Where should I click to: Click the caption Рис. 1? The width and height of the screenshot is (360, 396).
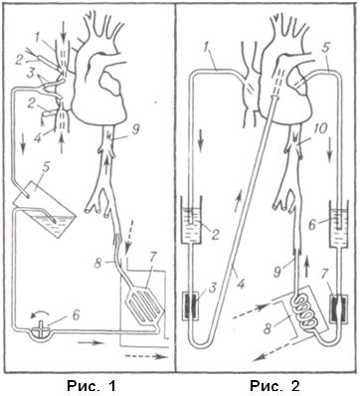(x=91, y=386)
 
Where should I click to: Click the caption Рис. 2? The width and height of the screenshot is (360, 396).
(x=274, y=386)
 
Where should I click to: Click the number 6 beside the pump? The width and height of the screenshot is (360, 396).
(x=76, y=314)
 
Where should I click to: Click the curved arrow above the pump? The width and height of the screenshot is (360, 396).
(x=39, y=313)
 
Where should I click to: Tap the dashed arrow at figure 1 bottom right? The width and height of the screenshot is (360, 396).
(x=145, y=356)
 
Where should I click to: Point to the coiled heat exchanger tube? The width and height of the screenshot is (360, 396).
(x=306, y=313)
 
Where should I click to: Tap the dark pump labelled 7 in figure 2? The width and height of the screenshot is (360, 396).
(x=338, y=306)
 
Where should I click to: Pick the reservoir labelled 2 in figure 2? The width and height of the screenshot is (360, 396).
(x=192, y=223)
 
